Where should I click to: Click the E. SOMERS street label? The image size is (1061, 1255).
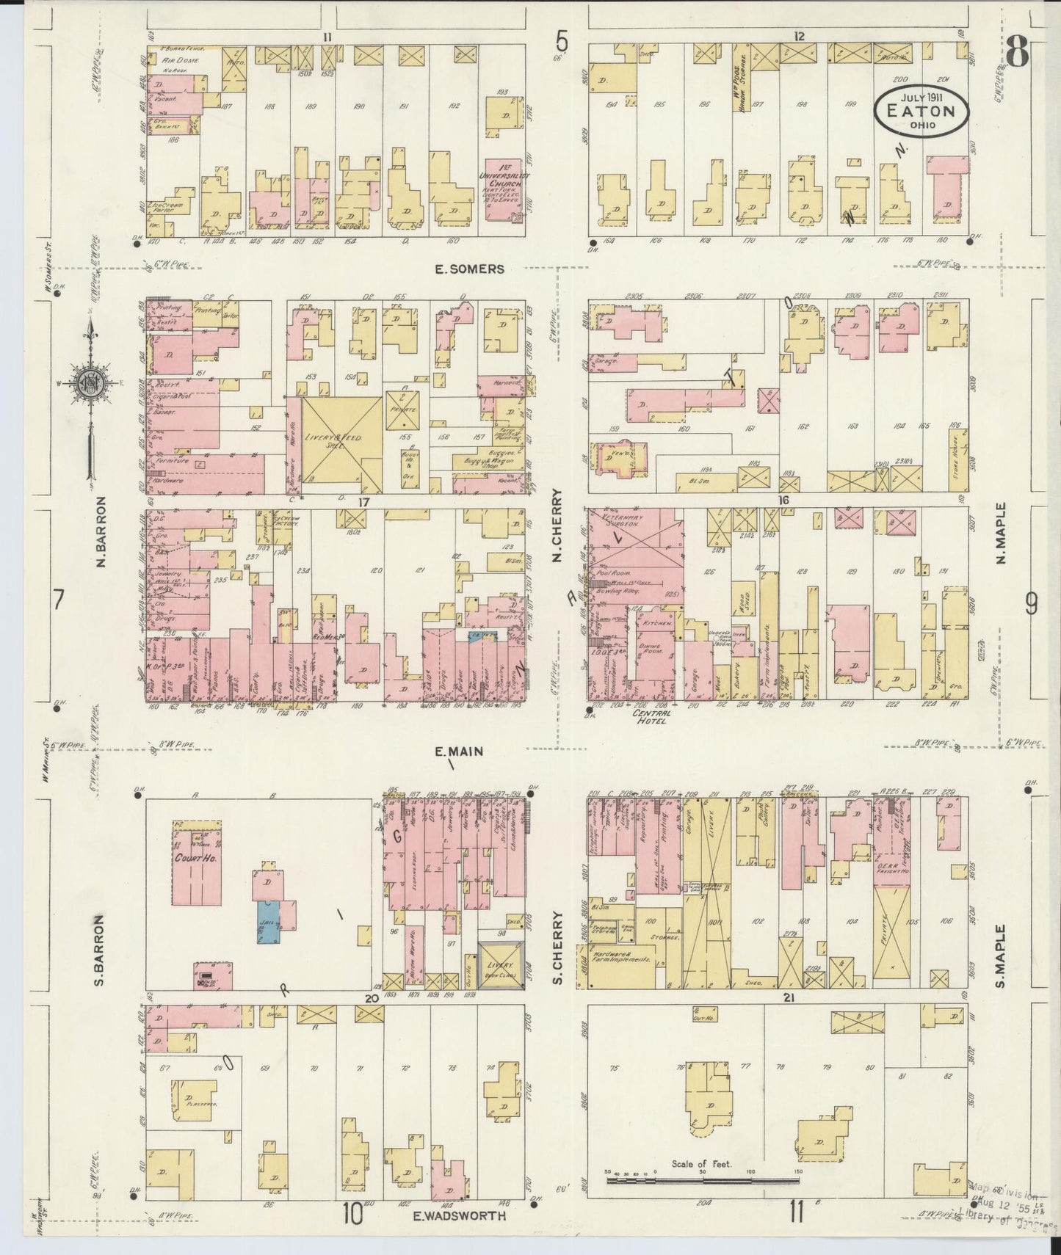point(469,269)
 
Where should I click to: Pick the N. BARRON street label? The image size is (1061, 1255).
point(101,532)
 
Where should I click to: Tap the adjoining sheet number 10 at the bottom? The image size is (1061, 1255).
point(351,1215)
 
